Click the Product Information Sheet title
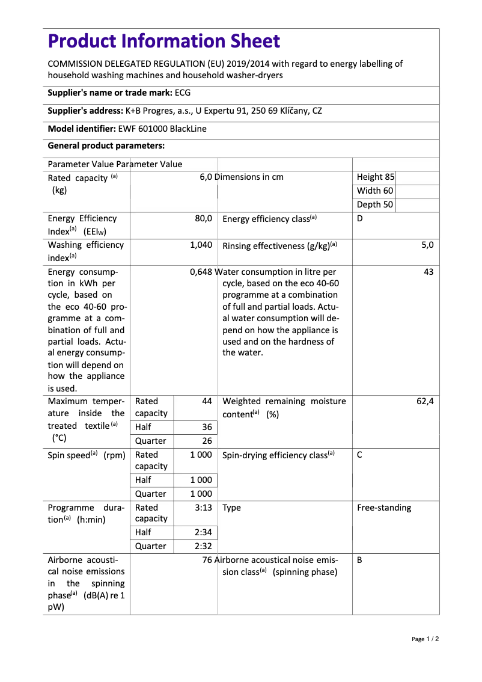click(x=164, y=41)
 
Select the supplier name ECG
click(x=183, y=93)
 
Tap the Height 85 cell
click(x=376, y=177)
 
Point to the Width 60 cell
click(x=375, y=191)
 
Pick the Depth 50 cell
click(x=375, y=204)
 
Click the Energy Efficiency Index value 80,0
click(x=203, y=218)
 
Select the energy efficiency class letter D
click(x=360, y=218)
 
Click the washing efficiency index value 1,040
click(x=201, y=245)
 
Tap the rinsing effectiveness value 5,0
click(x=427, y=245)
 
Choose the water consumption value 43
click(x=429, y=272)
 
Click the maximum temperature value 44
click(x=207, y=401)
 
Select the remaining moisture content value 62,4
click(x=425, y=401)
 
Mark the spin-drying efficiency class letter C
click(x=359, y=455)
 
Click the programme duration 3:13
click(x=203, y=508)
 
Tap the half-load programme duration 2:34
click(x=203, y=532)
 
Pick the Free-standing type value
click(x=384, y=508)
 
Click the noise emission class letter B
click(x=359, y=560)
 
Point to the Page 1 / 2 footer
click(x=425, y=639)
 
